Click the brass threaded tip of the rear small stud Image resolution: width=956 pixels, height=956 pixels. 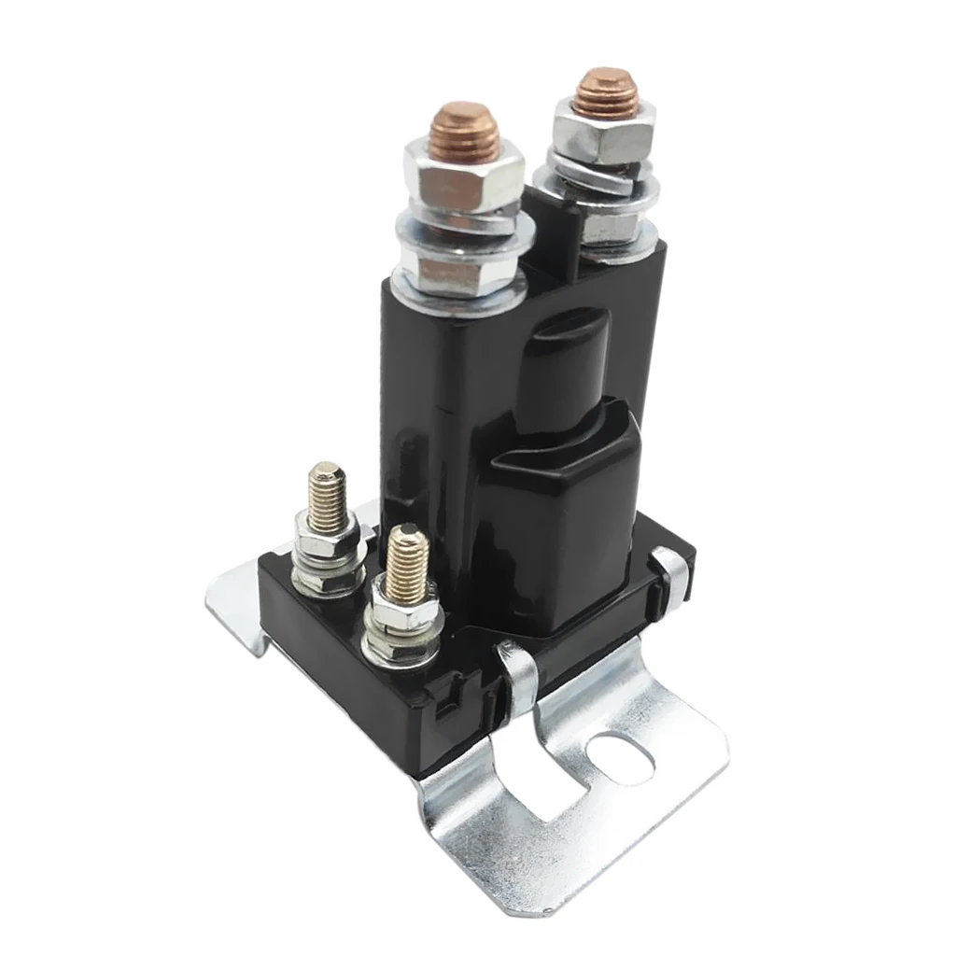click(x=328, y=491)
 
